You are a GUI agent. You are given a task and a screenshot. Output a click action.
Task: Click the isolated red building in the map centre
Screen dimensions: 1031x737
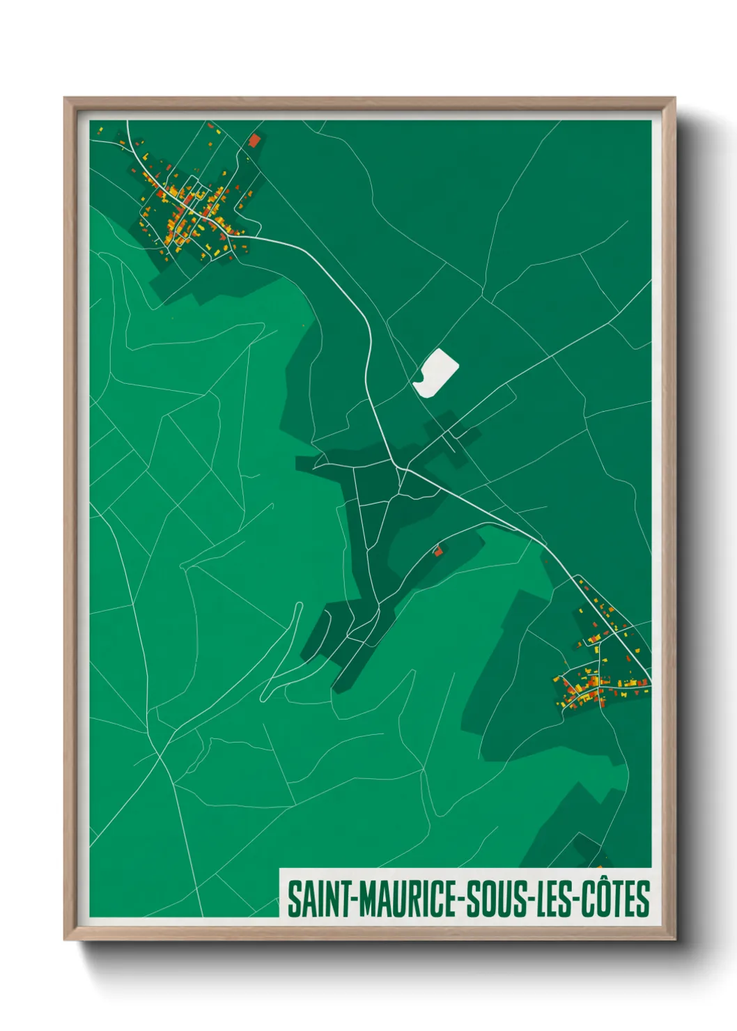click(x=438, y=551)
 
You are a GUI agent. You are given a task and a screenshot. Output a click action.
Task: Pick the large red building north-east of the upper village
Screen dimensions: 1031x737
click(x=254, y=140)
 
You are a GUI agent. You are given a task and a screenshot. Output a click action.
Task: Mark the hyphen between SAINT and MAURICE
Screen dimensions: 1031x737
click(x=354, y=900)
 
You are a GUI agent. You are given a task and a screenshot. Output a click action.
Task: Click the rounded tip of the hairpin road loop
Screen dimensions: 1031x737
click(x=300, y=605)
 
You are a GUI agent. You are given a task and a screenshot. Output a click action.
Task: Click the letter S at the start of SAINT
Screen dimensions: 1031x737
click(x=294, y=899)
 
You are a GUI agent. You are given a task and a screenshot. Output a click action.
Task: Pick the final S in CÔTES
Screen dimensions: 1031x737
click(x=643, y=899)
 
